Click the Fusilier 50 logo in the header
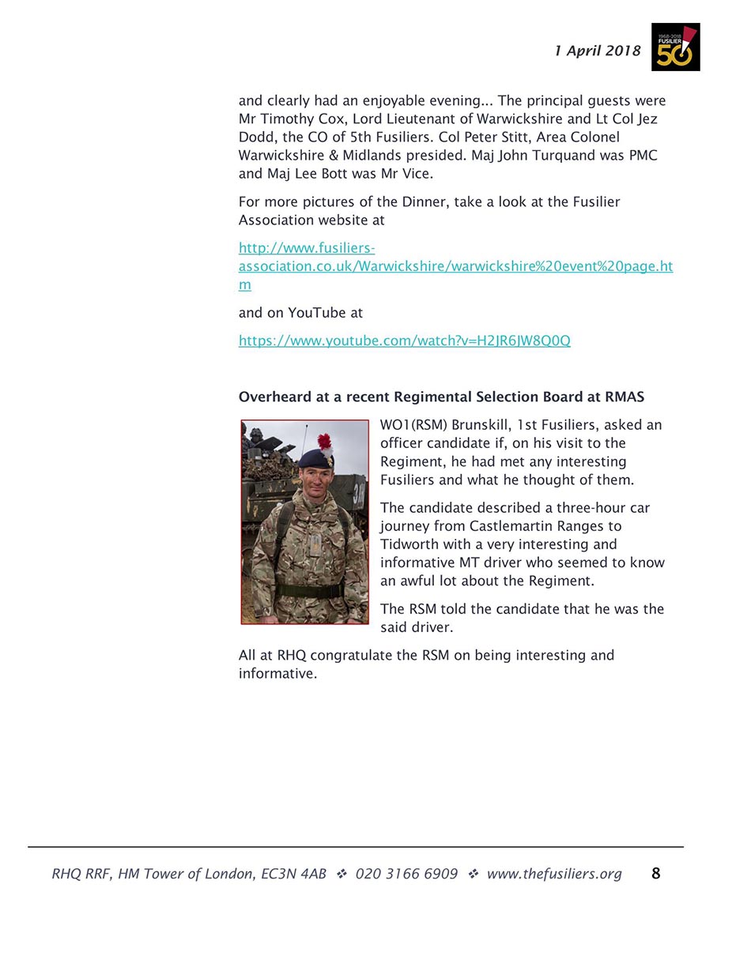(675, 47)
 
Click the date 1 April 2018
(597, 51)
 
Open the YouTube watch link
(404, 341)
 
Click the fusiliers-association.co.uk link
(455, 266)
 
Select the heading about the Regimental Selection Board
(441, 397)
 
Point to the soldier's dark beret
(313, 458)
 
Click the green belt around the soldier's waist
(308, 589)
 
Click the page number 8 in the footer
(655, 874)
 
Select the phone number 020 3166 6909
(406, 874)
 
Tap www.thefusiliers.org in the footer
(553, 874)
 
